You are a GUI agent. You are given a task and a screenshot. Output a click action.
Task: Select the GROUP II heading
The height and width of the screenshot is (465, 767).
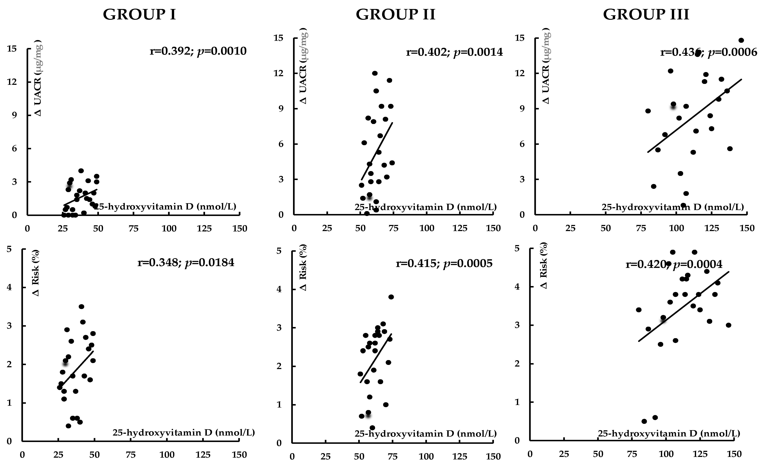click(x=395, y=15)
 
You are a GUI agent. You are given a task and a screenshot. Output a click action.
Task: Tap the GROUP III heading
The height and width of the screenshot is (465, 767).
click(x=646, y=15)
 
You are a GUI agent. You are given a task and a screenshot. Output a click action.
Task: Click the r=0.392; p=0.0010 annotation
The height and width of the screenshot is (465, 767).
click(x=198, y=51)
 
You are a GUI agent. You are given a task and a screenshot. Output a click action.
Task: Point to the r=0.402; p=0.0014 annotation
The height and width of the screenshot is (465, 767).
click(x=454, y=52)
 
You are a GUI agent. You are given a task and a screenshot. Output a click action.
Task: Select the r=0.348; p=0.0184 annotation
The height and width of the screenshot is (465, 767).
click(x=186, y=263)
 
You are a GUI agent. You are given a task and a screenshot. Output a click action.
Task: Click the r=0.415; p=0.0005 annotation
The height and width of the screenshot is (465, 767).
click(x=444, y=263)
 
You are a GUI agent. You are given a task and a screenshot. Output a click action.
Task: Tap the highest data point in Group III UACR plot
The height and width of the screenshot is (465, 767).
click(x=741, y=40)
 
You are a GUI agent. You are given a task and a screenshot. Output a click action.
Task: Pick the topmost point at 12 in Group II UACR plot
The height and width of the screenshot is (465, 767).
click(x=375, y=73)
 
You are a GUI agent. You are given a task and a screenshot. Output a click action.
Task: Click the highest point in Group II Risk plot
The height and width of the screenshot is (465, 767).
click(x=391, y=297)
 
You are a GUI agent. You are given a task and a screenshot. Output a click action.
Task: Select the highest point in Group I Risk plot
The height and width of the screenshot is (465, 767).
click(x=81, y=307)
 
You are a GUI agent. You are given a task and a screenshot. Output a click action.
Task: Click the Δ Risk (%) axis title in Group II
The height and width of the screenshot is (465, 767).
click(x=303, y=267)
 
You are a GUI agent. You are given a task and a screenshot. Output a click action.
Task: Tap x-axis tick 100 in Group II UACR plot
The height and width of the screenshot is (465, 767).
click(x=427, y=228)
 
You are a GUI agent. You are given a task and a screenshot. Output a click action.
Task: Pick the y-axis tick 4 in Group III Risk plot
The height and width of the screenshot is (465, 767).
click(x=517, y=287)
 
